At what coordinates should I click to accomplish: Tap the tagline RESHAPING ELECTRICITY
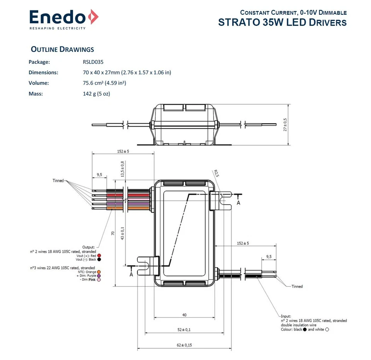pyautogui.click(x=58, y=28)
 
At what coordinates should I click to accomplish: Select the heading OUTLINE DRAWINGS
pyautogui.click(x=62, y=49)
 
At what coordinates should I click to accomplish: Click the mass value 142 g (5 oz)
pyautogui.click(x=94, y=93)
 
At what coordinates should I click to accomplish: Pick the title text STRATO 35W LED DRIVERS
pyautogui.click(x=282, y=22)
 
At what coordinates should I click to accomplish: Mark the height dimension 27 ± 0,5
pyautogui.click(x=286, y=125)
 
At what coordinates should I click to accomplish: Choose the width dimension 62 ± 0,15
pyautogui.click(x=184, y=345)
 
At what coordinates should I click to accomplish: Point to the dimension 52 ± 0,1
pyautogui.click(x=184, y=329)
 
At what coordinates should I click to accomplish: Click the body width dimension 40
pyautogui.click(x=184, y=315)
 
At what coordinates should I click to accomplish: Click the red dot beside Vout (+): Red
pyautogui.click(x=99, y=256)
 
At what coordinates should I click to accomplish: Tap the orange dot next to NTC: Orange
pyautogui.click(x=99, y=272)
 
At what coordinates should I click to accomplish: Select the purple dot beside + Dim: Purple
pyautogui.click(x=99, y=276)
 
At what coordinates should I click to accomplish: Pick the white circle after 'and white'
pyautogui.click(x=327, y=329)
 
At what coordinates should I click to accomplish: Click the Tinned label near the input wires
pyautogui.click(x=297, y=287)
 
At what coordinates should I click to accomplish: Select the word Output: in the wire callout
pyautogui.click(x=88, y=247)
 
